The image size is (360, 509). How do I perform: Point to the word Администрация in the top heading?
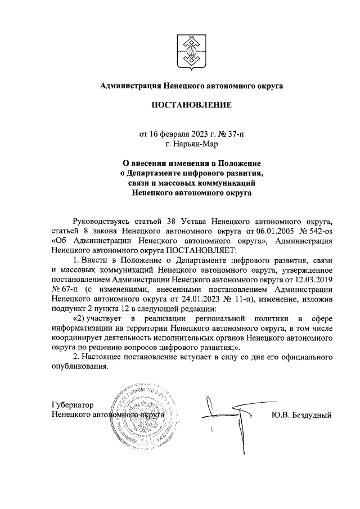130,85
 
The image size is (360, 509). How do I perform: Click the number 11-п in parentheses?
242,299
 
